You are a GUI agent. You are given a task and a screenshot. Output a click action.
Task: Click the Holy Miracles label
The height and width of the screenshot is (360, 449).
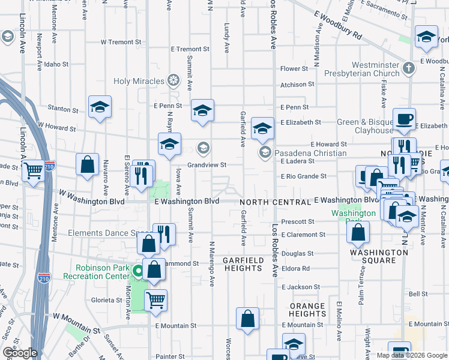pyautogui.click(x=139, y=81)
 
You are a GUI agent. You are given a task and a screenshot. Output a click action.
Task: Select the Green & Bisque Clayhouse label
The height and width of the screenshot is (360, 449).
pyautogui.click(x=364, y=126)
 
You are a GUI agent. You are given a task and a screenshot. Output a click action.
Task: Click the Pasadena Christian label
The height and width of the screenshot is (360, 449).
pyautogui.click(x=310, y=153)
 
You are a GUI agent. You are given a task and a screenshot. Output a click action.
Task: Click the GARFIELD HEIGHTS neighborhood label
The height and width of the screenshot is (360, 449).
pyautogui.click(x=243, y=264)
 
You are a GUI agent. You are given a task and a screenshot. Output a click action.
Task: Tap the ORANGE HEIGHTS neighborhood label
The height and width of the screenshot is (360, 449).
pyautogui.click(x=307, y=310)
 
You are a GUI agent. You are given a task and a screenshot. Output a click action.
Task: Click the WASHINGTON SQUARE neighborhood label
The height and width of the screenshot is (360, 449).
pyautogui.click(x=379, y=256)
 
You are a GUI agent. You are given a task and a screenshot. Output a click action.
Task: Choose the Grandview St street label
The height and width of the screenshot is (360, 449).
pyautogui.click(x=206, y=164)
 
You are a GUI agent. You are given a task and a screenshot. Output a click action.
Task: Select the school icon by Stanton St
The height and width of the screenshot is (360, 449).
pyautogui.click(x=100, y=107)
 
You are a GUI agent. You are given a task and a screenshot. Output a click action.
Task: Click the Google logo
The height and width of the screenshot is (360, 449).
pyautogui.click(x=19, y=353)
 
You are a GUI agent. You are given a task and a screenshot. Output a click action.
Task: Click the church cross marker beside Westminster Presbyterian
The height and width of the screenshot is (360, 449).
pyautogui.click(x=409, y=67)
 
